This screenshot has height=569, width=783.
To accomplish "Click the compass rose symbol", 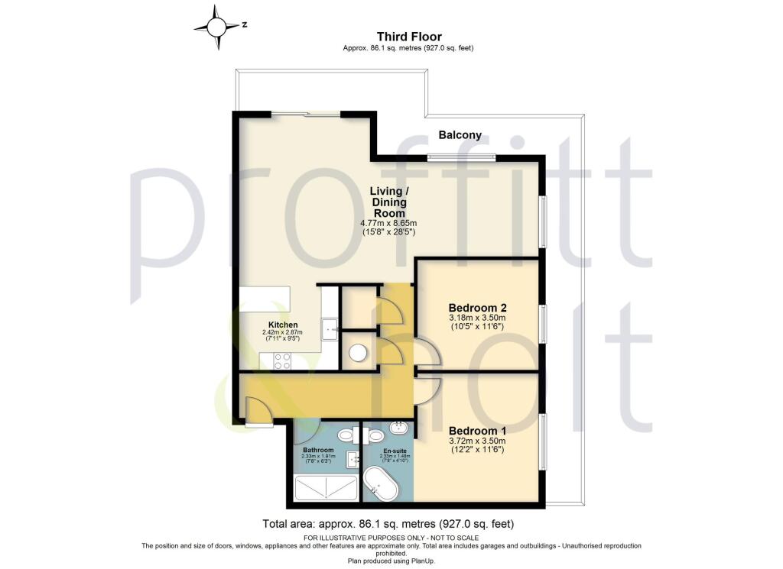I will tap(217, 27).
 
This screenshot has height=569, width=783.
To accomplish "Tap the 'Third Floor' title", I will tap(409, 37).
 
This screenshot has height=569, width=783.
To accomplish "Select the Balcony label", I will tap(460, 135).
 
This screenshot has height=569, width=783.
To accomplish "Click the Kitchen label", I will tap(282, 325).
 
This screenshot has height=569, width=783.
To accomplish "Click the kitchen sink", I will tap(330, 326).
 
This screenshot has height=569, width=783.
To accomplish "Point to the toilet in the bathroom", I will tap(346, 435).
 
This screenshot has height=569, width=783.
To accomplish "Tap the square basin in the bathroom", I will tap(353, 458).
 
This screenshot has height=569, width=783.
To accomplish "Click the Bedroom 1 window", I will tap(544, 443).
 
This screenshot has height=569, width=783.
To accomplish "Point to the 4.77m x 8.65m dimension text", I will tap(388, 223).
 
